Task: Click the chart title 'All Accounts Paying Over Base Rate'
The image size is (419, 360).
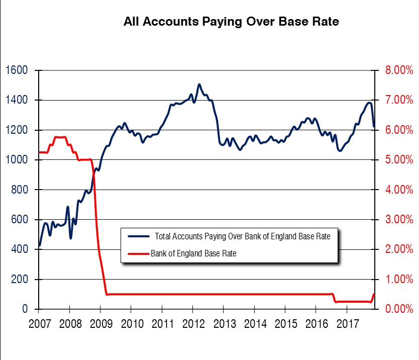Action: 231,22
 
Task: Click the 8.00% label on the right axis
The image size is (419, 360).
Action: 399,70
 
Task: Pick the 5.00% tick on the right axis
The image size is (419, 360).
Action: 399,160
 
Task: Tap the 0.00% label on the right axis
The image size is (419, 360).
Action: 399,309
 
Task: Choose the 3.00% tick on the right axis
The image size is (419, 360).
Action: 399,220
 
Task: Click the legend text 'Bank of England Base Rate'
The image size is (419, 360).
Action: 193,253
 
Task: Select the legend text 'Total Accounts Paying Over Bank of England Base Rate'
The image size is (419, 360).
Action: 243,236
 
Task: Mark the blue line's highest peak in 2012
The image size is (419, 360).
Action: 199,84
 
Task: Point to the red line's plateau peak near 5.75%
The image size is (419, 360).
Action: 60,137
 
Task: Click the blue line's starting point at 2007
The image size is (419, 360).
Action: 39,246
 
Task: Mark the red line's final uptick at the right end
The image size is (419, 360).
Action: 374,295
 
